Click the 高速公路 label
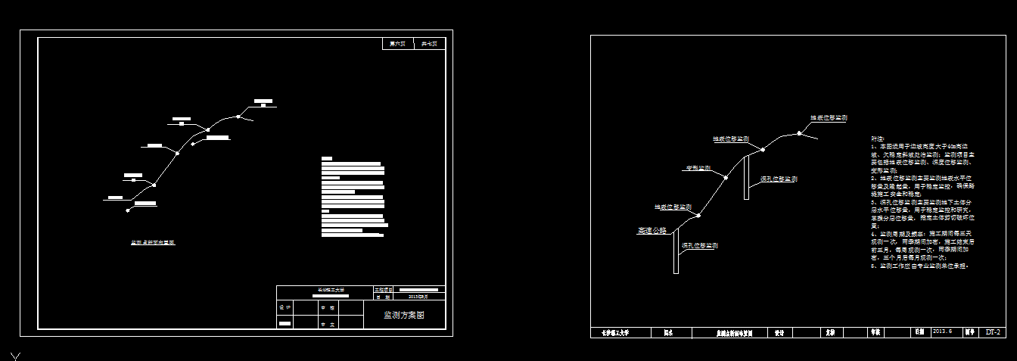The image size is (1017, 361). click(652, 231)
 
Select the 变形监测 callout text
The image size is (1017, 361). click(697, 168)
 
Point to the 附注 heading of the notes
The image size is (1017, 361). click(878, 139)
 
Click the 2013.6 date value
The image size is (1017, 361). click(943, 331)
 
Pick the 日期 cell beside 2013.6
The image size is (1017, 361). click(919, 332)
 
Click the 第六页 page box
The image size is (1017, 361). click(398, 44)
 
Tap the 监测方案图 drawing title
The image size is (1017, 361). click(404, 315)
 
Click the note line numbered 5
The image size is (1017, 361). click(920, 266)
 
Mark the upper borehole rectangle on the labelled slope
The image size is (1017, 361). click(746, 178)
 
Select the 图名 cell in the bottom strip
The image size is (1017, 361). click(668, 332)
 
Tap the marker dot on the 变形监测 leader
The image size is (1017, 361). click(725, 179)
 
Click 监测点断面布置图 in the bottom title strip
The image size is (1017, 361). click(734, 332)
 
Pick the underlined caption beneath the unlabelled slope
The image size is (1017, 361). click(153, 243)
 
